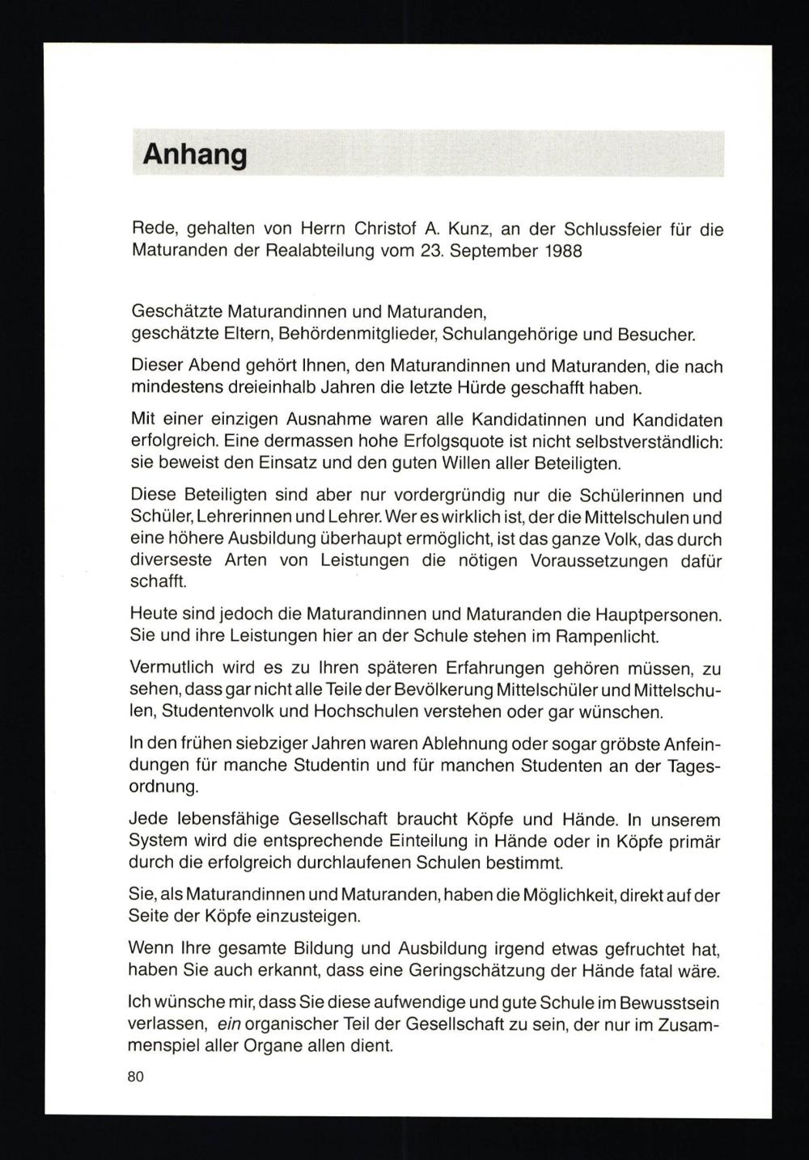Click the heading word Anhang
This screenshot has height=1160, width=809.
coord(194,154)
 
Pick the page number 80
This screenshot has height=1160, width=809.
coord(135,1077)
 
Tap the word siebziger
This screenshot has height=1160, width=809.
coord(244,744)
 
